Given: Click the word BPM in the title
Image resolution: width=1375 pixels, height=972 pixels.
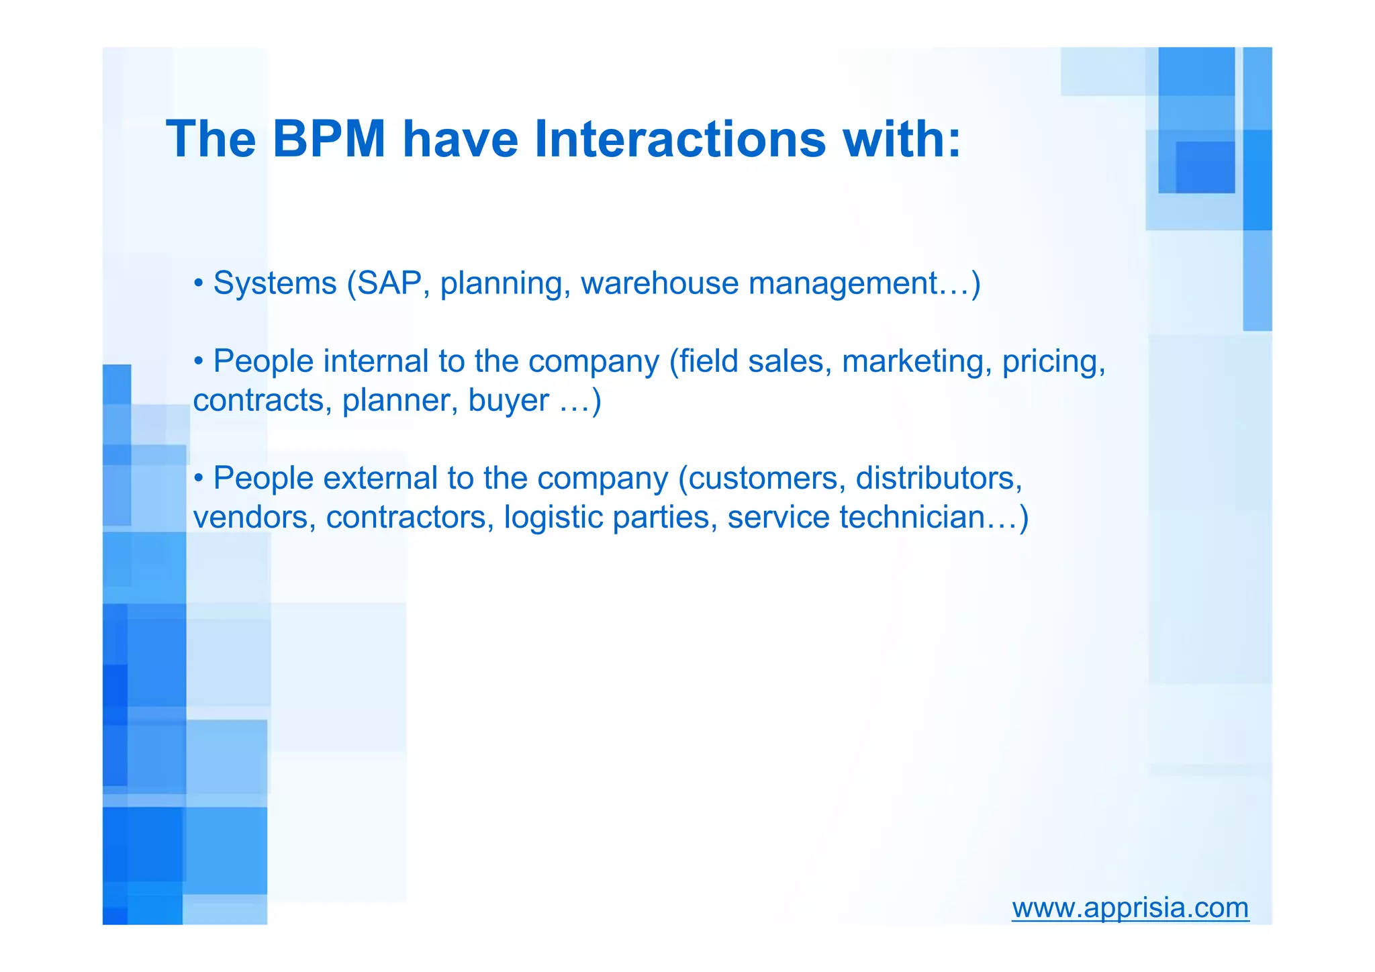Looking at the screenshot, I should click(x=329, y=139).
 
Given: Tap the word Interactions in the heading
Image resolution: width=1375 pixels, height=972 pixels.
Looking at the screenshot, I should click(x=679, y=139).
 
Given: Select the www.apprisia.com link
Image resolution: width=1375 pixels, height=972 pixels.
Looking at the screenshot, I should click(x=1130, y=908).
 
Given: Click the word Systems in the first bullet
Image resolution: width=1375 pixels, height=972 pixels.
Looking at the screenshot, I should click(x=275, y=283).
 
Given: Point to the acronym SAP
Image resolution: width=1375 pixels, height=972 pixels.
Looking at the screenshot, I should click(x=389, y=283).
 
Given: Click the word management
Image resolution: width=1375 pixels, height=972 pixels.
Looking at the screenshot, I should click(x=843, y=283).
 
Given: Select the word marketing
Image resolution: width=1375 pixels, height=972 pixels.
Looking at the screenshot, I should click(x=916, y=361).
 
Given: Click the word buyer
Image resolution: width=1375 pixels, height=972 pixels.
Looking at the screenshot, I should click(x=508, y=401).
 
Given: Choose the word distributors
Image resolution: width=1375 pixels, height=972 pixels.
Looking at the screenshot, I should click(x=938, y=479).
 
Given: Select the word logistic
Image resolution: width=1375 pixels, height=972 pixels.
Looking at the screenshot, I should click(x=553, y=518).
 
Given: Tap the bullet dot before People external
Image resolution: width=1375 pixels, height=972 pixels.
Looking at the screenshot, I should click(x=198, y=479).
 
